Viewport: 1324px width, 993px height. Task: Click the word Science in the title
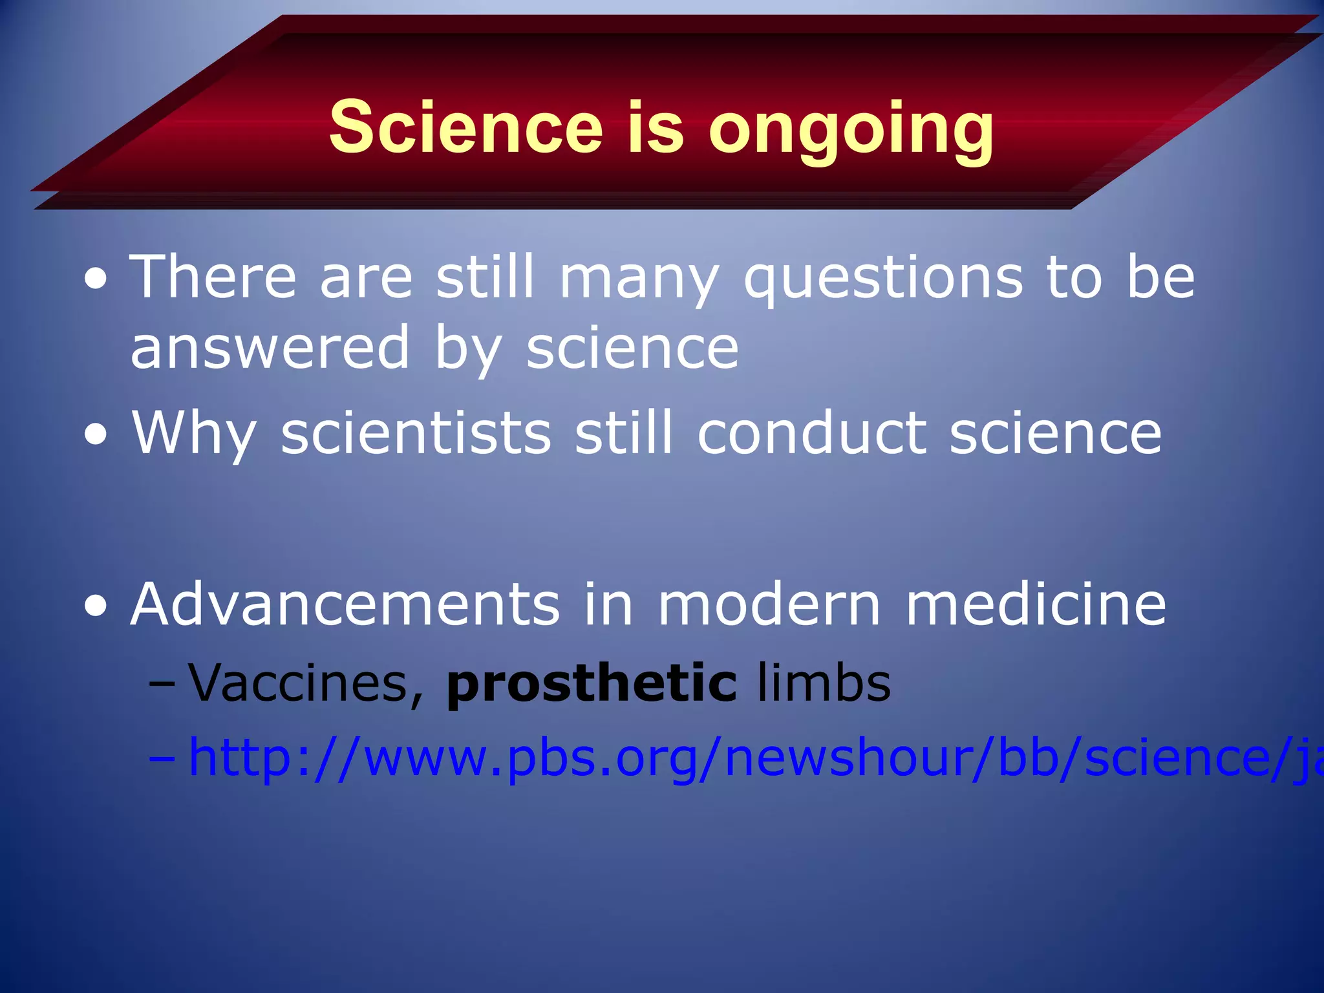(x=465, y=127)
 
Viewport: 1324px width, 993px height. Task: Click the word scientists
(x=416, y=432)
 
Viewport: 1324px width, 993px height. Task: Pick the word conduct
(x=812, y=432)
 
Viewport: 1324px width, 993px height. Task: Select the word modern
(x=769, y=604)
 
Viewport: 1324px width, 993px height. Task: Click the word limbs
(x=824, y=683)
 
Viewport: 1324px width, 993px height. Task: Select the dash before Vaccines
(x=161, y=684)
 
